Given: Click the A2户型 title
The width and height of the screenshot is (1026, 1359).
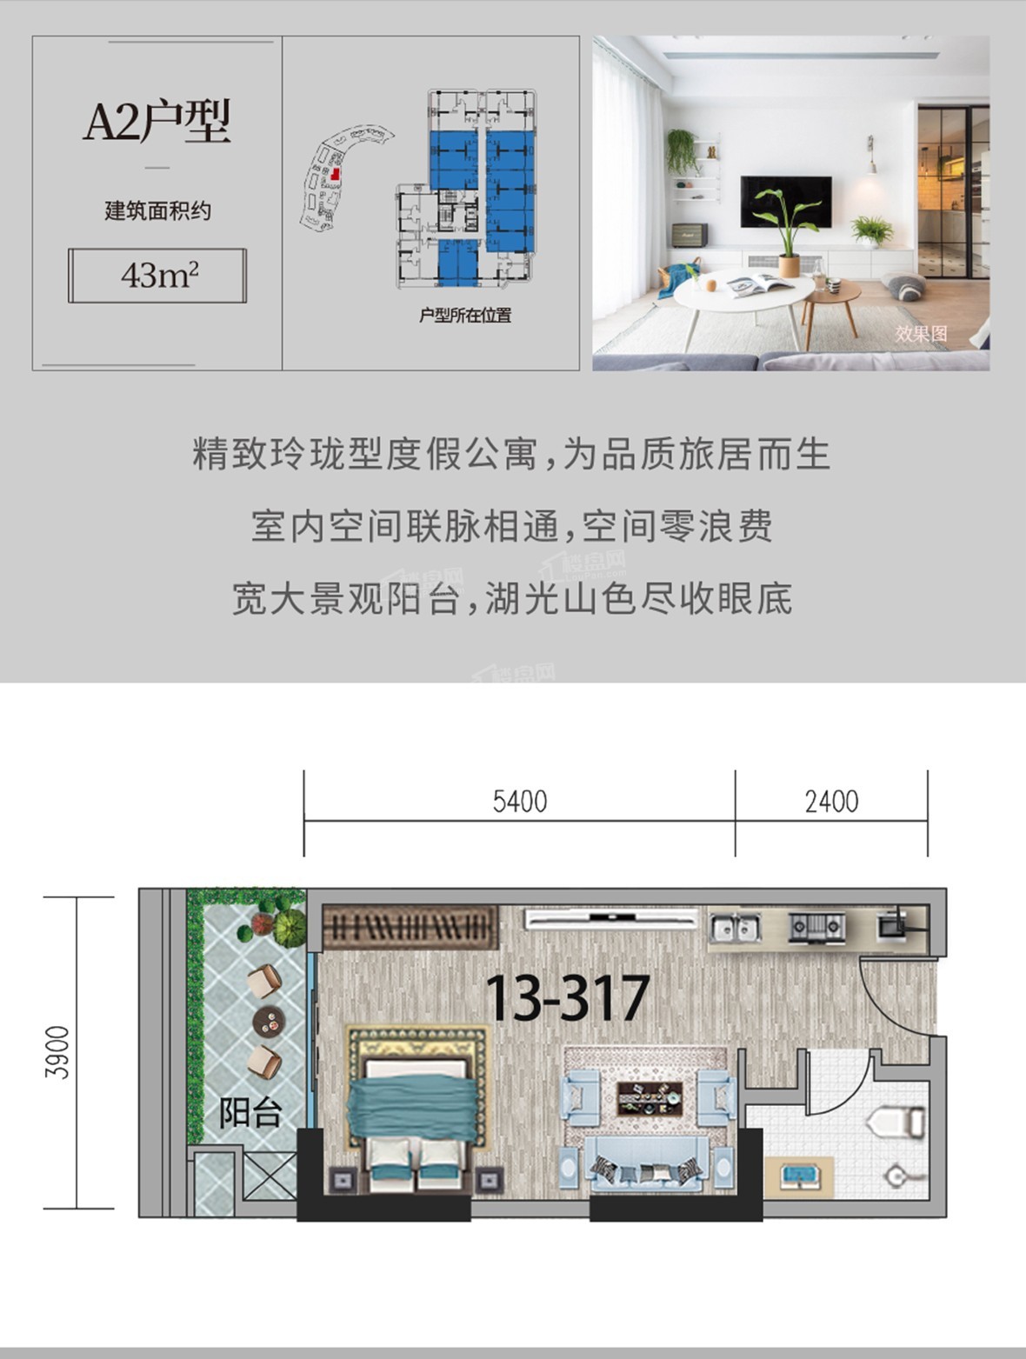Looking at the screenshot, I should click(157, 121).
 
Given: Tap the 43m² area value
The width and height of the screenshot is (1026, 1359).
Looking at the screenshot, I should click(159, 276).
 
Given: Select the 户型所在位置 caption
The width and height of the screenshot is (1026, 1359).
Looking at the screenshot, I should click(465, 316).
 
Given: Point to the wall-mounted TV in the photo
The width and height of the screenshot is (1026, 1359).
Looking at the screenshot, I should click(785, 202).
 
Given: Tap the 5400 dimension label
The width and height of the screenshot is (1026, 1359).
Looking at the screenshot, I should click(519, 802).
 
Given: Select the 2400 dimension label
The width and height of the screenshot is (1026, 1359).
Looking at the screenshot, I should click(831, 802).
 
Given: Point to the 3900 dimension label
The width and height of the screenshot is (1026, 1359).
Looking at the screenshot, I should click(57, 1052).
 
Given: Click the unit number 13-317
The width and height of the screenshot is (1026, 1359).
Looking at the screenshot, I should click(567, 998).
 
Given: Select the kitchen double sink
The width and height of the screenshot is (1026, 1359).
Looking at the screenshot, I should click(735, 928).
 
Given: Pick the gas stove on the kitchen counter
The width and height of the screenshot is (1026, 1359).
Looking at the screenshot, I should click(816, 927).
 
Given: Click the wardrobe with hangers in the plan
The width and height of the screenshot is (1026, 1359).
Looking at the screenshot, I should click(410, 927).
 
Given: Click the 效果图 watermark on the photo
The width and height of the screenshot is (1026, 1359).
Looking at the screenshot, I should click(921, 334).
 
